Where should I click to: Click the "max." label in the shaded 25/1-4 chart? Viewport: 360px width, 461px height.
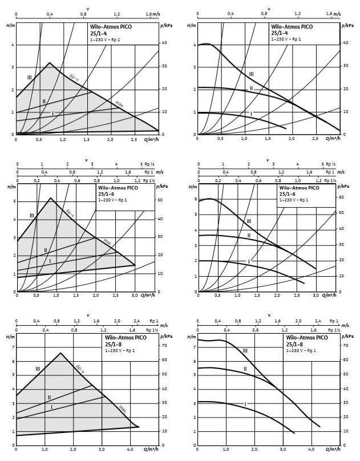pyautogui.click(x=119, y=104)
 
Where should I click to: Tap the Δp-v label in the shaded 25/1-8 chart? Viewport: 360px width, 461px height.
pyautogui.click(x=80, y=369)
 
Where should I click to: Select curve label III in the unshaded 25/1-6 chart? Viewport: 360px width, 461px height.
pyautogui.click(x=249, y=221)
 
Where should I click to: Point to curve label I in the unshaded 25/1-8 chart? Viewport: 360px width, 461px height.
pyautogui.click(x=245, y=404)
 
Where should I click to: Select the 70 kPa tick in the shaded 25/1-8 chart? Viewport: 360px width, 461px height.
pyautogui.click(x=164, y=346)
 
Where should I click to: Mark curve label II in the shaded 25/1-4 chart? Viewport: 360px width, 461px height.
pyautogui.click(x=43, y=101)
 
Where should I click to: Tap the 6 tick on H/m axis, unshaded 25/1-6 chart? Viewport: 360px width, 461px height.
pyautogui.click(x=195, y=199)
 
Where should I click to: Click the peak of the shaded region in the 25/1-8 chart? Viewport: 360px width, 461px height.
pyautogui.click(x=60, y=353)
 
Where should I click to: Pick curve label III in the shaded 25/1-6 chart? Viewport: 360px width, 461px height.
pyautogui.click(x=32, y=215)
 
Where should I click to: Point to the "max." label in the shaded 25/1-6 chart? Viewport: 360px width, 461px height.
pyautogui.click(x=107, y=242)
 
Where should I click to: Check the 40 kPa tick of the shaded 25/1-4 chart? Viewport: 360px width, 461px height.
pyautogui.click(x=164, y=43)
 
